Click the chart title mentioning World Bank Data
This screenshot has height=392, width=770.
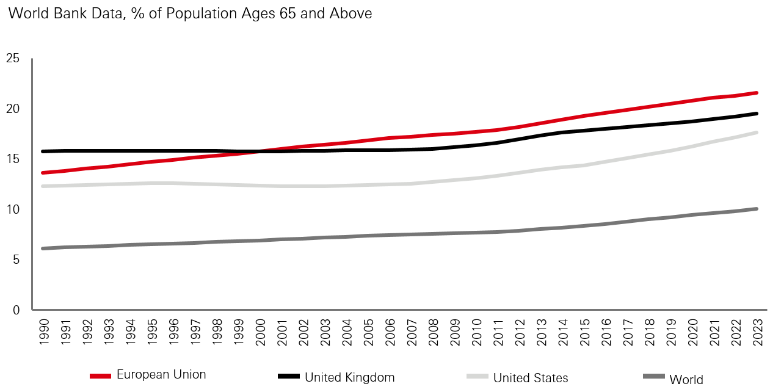click(x=189, y=13)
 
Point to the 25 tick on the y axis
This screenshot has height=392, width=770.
click(x=13, y=59)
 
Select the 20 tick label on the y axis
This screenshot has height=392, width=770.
click(x=13, y=109)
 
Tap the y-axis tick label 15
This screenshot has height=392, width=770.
click(x=13, y=159)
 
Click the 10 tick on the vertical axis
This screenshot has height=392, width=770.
click(x=13, y=209)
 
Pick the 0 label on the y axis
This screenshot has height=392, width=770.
click(x=16, y=310)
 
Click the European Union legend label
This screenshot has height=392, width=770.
click(x=161, y=375)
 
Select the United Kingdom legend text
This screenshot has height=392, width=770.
click(x=349, y=377)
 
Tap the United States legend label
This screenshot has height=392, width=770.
click(x=531, y=377)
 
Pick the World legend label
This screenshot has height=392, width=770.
click(x=686, y=380)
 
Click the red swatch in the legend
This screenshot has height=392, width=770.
click(x=100, y=376)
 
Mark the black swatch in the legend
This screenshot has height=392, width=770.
click(x=288, y=376)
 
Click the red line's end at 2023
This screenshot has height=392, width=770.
click(x=757, y=93)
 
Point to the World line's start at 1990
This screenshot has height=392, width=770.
click(x=43, y=249)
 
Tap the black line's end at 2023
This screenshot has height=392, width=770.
click(x=757, y=114)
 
